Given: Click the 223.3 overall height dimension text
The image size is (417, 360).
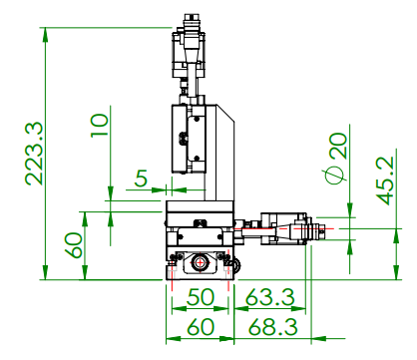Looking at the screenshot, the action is pos(34,154).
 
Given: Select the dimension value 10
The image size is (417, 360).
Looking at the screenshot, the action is pos(100,125).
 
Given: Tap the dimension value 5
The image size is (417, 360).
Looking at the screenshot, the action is pos(141,179).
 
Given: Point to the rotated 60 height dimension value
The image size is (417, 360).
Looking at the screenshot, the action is pos(73,245).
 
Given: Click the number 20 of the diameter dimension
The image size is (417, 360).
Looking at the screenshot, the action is pos(338,146).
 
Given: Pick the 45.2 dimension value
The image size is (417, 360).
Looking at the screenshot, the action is pos(385,180).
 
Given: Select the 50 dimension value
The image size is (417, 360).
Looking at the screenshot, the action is pos(201,297).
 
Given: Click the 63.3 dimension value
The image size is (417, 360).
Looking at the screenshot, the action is pos(270,297).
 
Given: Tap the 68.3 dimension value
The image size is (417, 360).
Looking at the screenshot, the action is pos(272,326).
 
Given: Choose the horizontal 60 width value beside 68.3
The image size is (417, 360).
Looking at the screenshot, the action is pos(201,326).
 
